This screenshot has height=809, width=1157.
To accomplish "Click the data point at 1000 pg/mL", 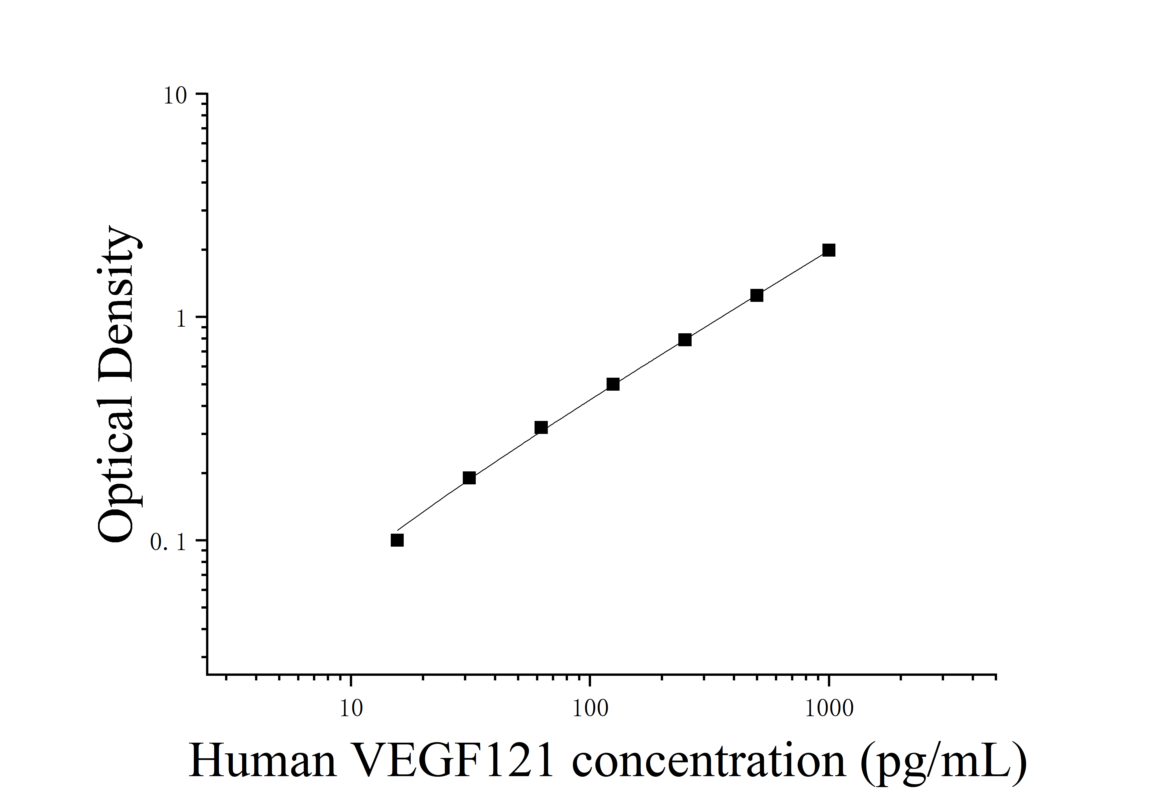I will click(x=829, y=250).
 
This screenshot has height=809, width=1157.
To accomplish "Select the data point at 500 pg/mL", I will click(x=757, y=295).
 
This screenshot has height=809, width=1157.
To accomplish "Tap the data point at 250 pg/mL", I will click(x=685, y=340).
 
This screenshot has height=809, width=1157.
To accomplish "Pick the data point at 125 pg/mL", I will click(x=613, y=384).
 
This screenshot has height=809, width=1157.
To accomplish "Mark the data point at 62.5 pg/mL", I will click(x=541, y=428).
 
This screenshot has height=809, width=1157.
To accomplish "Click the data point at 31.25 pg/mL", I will click(x=469, y=478).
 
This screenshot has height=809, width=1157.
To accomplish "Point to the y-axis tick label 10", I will click(x=175, y=96).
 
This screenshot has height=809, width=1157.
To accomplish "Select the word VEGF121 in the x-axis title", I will click(x=454, y=761).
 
